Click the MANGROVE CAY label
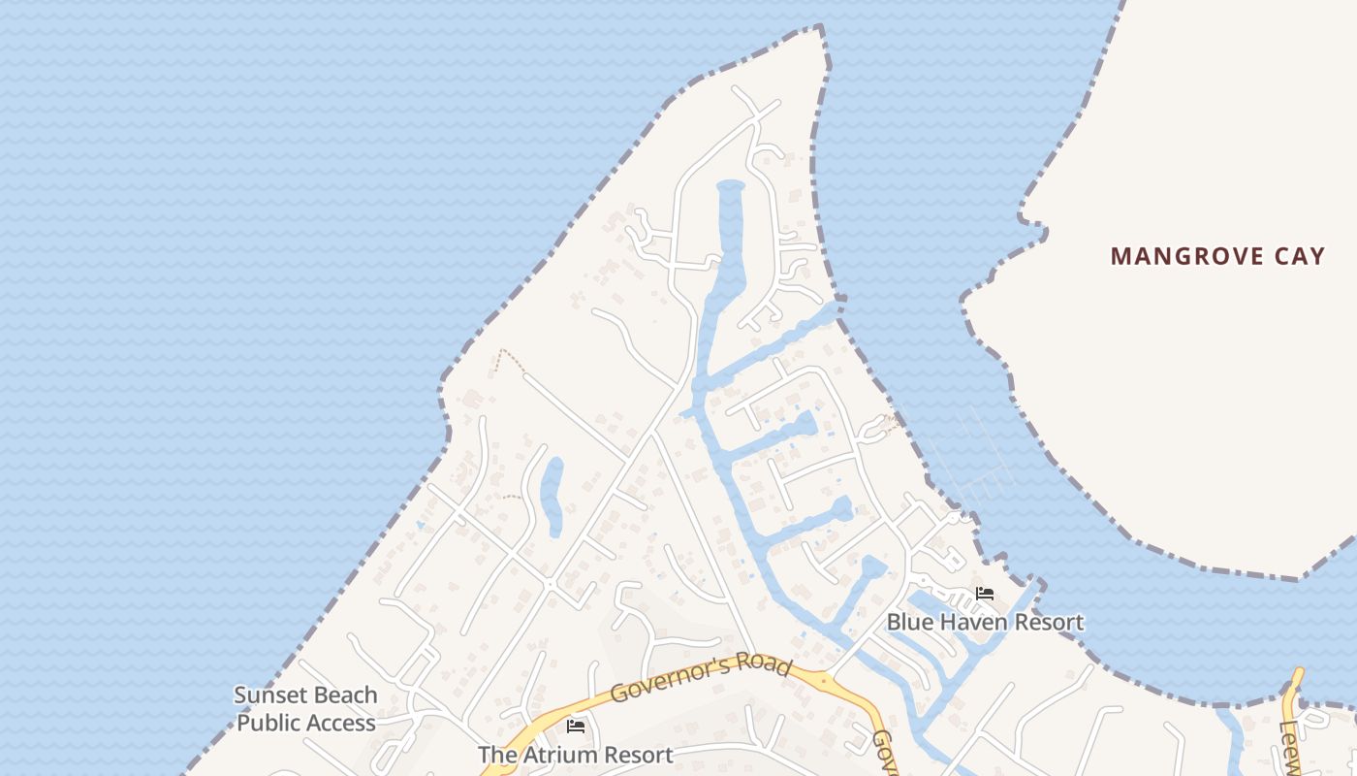click(1217, 256)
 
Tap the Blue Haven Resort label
click(985, 622)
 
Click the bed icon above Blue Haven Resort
click(985, 594)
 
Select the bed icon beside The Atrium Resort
click(576, 727)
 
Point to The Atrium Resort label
click(575, 755)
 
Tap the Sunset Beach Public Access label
click(306, 709)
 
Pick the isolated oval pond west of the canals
click(552, 497)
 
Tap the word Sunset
click(270, 695)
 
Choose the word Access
click(340, 723)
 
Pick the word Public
click(269, 723)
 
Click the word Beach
click(344, 695)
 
